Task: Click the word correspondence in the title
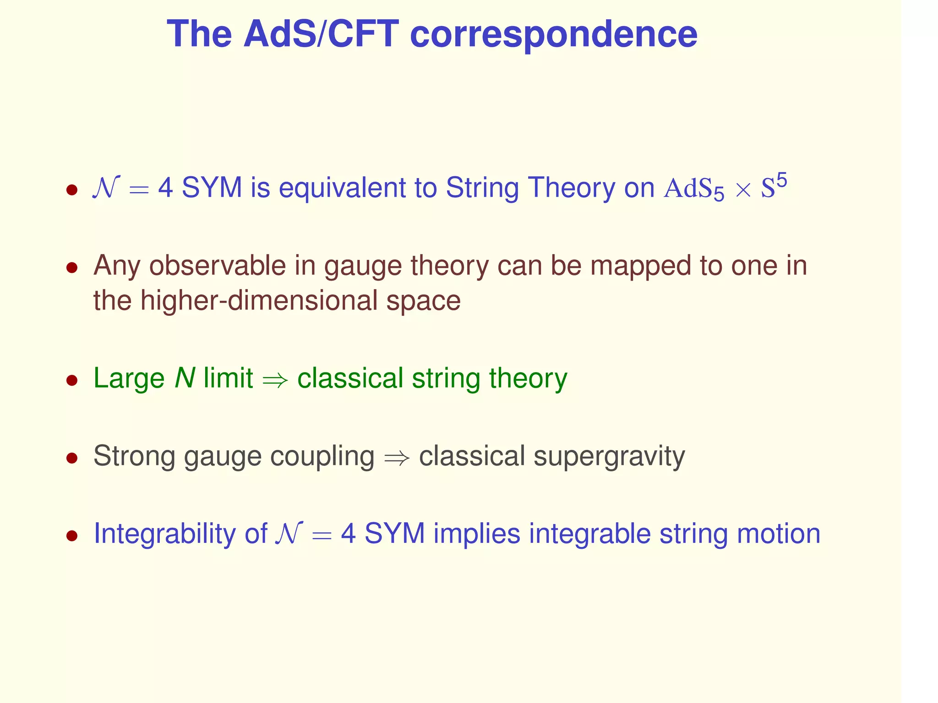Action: point(553,35)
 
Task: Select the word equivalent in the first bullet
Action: point(342,188)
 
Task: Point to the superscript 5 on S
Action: point(781,181)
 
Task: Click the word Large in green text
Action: point(129,379)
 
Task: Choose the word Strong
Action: point(134,456)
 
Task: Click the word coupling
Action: point(322,457)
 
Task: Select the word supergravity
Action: point(609,457)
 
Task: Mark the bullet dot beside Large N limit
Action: point(72,380)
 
